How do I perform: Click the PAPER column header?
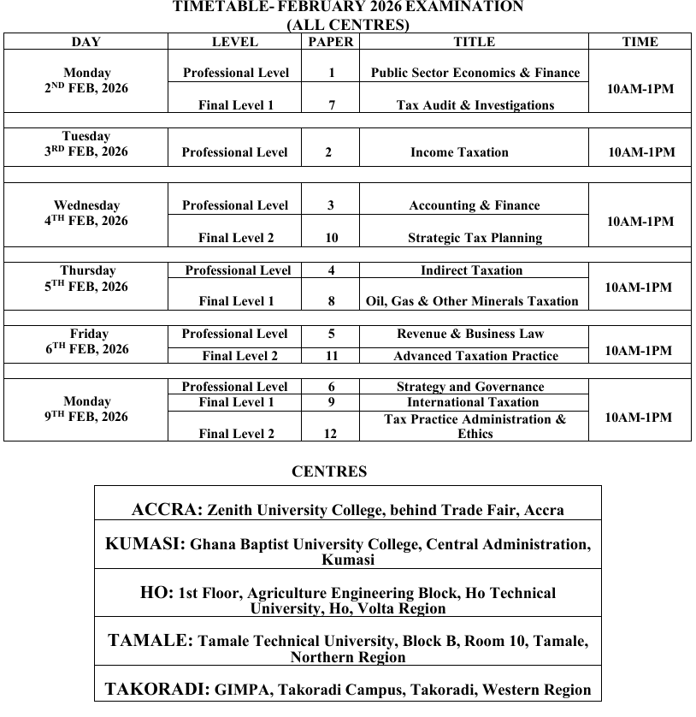[x=331, y=41]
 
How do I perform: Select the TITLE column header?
[x=474, y=41]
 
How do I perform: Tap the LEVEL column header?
[x=234, y=41]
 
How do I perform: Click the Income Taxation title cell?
[x=459, y=152]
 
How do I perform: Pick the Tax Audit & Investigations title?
[x=475, y=105]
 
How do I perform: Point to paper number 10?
[x=331, y=238]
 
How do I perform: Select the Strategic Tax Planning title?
[x=475, y=238]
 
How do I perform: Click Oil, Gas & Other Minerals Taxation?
[x=472, y=301]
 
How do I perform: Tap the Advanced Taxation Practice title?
[x=475, y=356]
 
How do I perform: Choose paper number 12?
[x=331, y=434]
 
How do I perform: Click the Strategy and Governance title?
[x=470, y=387]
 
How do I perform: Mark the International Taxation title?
[x=473, y=402]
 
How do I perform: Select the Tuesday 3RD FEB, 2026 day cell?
[x=86, y=144]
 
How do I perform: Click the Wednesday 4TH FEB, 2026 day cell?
[x=86, y=213]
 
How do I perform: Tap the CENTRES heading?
[x=329, y=471]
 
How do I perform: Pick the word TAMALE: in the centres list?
[x=150, y=641]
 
